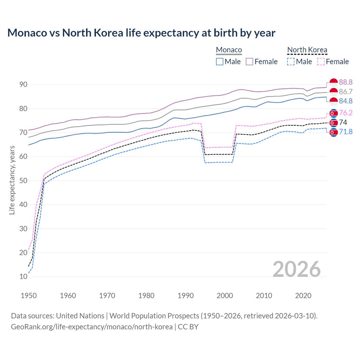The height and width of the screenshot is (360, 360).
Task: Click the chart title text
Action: pos(141,33)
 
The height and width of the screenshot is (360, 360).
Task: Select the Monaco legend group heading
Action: pos(229,50)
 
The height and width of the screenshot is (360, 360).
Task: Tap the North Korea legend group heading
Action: pos(307,50)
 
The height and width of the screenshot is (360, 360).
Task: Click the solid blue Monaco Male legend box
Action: pos(220,62)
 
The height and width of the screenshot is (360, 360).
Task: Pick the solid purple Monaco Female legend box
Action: pos(249,62)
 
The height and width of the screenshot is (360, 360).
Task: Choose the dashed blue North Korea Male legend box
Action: pos(291,62)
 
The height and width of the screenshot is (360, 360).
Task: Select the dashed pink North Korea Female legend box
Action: pos(321,62)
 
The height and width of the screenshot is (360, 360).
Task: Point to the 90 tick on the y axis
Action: pos(23,85)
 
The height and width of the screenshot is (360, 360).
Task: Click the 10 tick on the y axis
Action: pos(23,277)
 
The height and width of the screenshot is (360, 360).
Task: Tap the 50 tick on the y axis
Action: pos(23,181)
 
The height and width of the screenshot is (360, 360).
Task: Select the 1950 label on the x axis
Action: pos(29,296)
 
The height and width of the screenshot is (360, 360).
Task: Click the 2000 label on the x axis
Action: pos(225,296)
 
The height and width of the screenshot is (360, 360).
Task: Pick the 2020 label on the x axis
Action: pos(303,296)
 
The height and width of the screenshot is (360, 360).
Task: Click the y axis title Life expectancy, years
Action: pos(12,180)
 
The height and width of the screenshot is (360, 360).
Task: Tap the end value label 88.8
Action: pos(346,82)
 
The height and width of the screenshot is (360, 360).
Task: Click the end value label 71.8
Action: pos(346,132)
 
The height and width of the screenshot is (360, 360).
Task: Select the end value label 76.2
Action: pos(346,113)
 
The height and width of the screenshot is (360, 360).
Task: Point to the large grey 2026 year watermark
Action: pos(296,269)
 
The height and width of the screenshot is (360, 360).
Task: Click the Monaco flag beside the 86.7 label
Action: pos(334,92)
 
